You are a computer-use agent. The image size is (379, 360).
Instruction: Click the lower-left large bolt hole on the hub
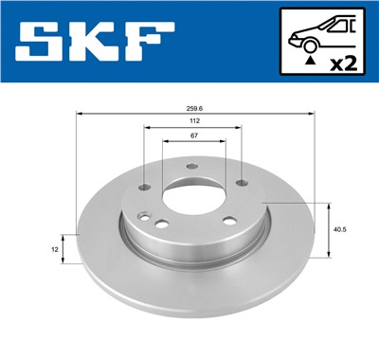pyautogui.click(x=162, y=225)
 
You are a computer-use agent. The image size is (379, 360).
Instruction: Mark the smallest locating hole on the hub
pyautogui.click(x=142, y=216)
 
